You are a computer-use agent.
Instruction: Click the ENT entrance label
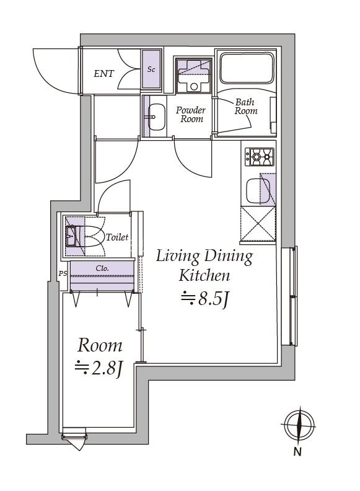pyautogui.click(x=103, y=74)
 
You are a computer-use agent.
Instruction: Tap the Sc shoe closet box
pyautogui.click(x=151, y=69)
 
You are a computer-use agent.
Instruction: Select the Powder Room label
pyautogui.click(x=191, y=114)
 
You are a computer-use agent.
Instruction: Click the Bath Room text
pyautogui.click(x=245, y=107)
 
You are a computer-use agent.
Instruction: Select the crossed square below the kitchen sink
pyautogui.click(x=257, y=224)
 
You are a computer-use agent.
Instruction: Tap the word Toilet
pyautogui.click(x=117, y=237)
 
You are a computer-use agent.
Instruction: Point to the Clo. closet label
pyautogui.click(x=103, y=268)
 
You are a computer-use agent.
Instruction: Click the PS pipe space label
pyautogui.click(x=62, y=273)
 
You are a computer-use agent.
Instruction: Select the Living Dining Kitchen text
pyautogui.click(x=204, y=265)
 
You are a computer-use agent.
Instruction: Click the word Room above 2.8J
pyautogui.click(x=100, y=345)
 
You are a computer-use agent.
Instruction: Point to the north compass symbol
pyautogui.click(x=299, y=426)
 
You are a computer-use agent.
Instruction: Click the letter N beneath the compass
pyautogui.click(x=298, y=453)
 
